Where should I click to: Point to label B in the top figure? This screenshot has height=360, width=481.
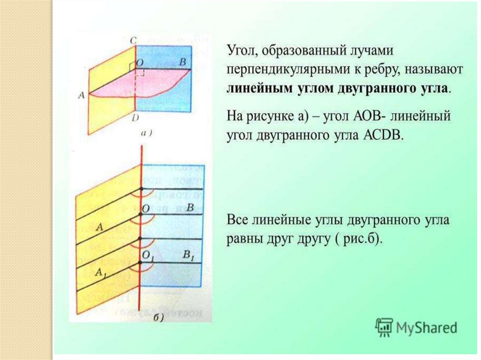point(183,62)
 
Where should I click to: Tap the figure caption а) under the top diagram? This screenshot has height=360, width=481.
point(146,133)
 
